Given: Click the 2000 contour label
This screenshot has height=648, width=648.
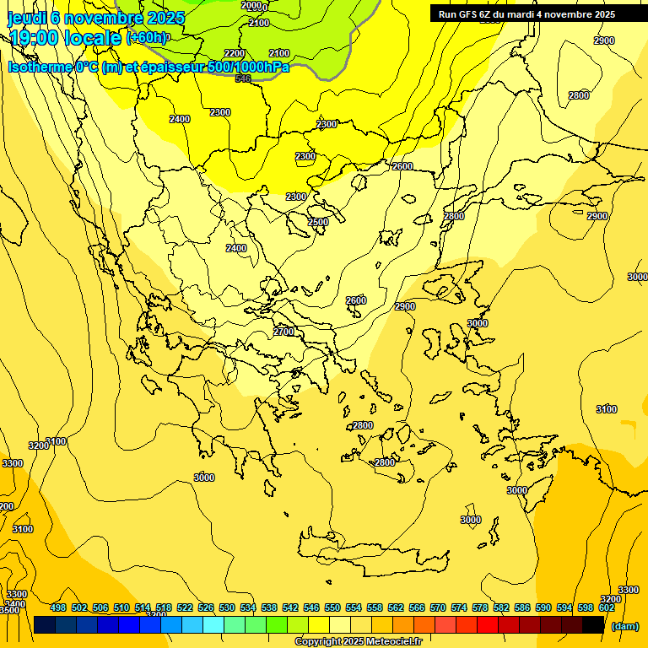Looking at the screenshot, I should [x=251, y=5].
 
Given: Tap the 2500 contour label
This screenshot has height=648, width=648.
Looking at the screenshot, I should [x=318, y=222].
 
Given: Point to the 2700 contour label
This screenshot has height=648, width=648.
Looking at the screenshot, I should [x=284, y=332].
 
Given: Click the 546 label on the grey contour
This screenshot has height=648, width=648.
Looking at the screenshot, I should [x=243, y=78].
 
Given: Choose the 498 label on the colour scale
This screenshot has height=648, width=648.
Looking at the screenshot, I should [x=58, y=607].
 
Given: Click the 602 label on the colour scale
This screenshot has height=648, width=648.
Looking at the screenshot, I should [x=607, y=607].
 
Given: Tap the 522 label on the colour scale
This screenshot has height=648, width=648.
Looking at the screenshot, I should [x=185, y=607].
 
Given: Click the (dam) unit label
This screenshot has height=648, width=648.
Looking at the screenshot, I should [x=625, y=625].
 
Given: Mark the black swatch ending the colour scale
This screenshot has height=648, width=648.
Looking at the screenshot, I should [x=593, y=624].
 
